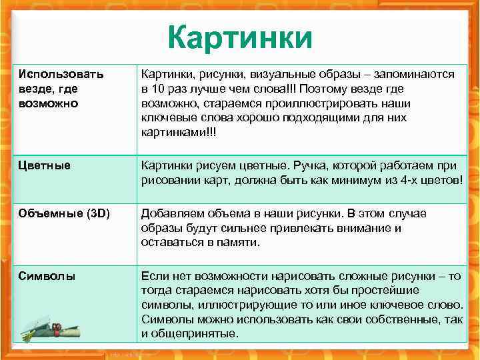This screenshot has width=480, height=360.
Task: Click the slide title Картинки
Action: [239, 38]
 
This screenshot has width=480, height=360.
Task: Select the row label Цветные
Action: [45, 165]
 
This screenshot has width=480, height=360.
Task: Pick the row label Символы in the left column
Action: [47, 275]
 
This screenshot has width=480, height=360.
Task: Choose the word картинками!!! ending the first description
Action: [179, 133]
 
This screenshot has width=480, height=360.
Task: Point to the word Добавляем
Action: [170, 214]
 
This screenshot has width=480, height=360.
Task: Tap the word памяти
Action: [236, 243]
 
